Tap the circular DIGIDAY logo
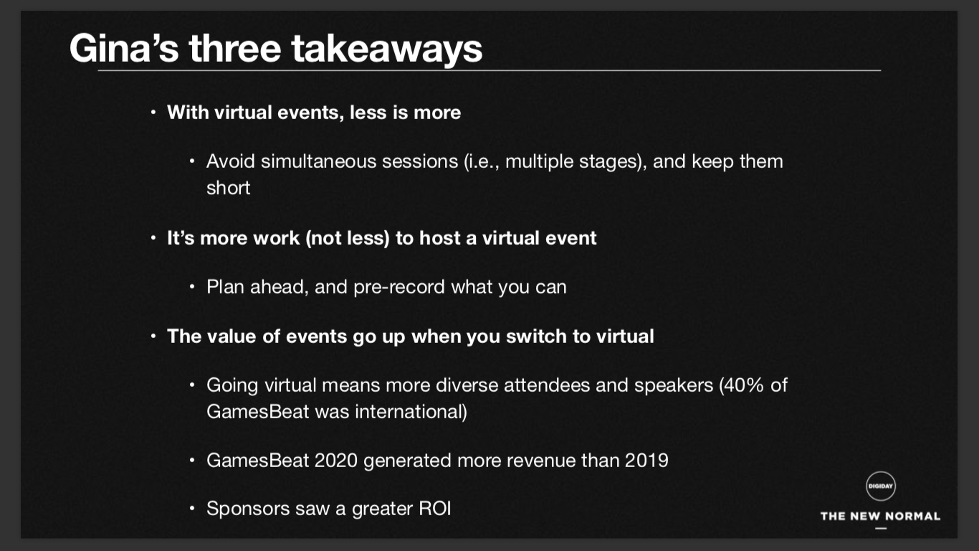880,486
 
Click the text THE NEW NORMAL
880,517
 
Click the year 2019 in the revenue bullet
646,461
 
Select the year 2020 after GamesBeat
335,461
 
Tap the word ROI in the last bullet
434,509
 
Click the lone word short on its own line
228,188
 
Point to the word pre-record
398,288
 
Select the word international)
411,412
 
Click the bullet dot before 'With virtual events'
153,113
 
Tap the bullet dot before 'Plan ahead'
192,287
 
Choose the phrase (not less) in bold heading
348,238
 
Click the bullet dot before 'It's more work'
153,238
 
